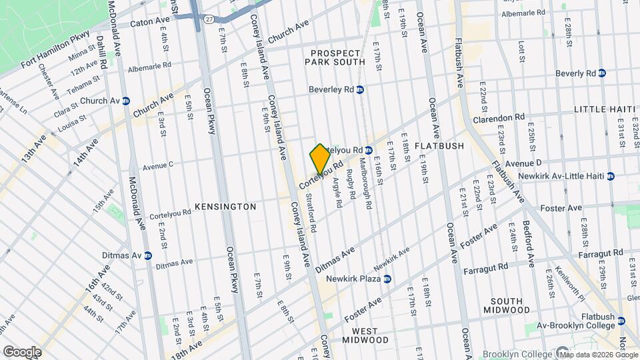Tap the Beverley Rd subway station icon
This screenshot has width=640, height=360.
(x=360, y=89)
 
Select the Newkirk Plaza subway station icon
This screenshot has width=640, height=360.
(x=387, y=279)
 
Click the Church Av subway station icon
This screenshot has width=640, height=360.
(x=125, y=101)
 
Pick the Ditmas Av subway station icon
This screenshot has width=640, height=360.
(x=147, y=255)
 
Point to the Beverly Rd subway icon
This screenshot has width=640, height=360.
(x=602, y=73)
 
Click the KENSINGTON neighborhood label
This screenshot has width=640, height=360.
(x=225, y=207)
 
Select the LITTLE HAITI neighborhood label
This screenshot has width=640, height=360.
(x=601, y=109)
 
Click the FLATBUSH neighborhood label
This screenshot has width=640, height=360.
(x=434, y=145)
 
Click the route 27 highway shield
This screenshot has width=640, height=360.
(x=209, y=20)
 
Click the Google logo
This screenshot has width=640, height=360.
(x=21, y=351)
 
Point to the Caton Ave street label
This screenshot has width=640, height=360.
(x=150, y=22)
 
